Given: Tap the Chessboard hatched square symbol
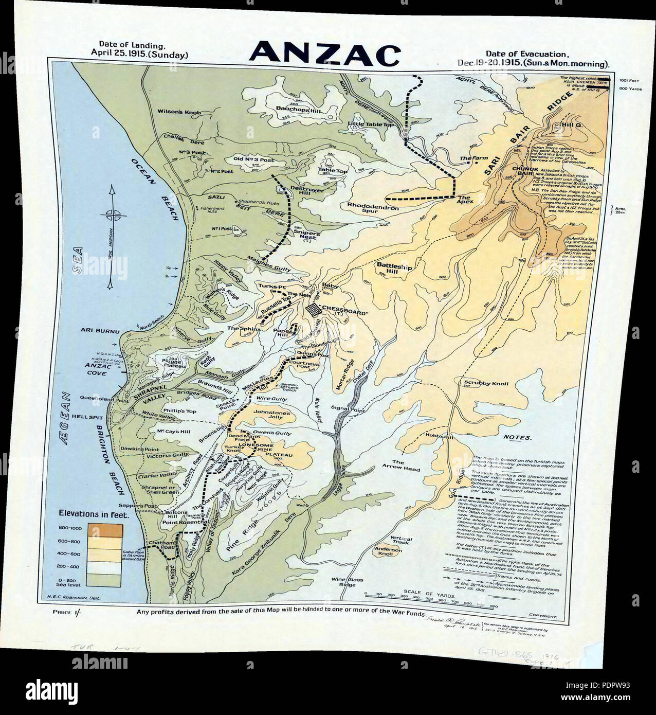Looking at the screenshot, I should coord(312,311).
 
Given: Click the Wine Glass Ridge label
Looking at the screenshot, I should coord(351,582).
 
